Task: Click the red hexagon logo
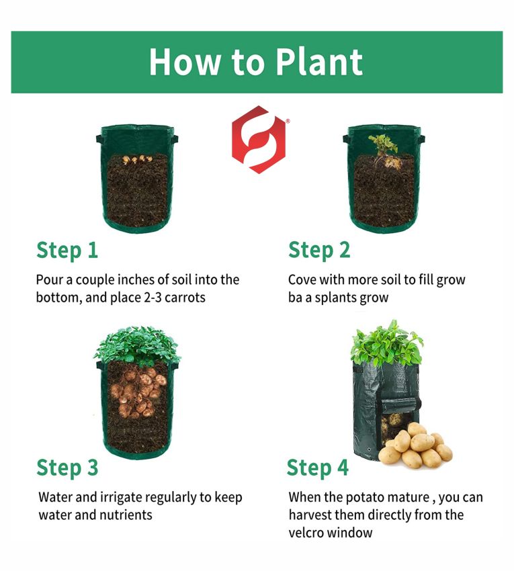(259, 140)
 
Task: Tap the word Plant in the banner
(318, 62)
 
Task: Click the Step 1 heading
(67, 251)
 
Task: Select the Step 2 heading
(319, 251)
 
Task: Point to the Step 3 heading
(67, 468)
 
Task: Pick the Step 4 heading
(318, 468)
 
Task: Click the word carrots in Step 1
(185, 298)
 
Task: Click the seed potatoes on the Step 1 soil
(136, 159)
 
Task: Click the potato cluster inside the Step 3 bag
(138, 392)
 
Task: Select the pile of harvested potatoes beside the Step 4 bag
(415, 445)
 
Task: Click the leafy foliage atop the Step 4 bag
(386, 343)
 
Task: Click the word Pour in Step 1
(49, 280)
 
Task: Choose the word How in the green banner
(184, 62)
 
